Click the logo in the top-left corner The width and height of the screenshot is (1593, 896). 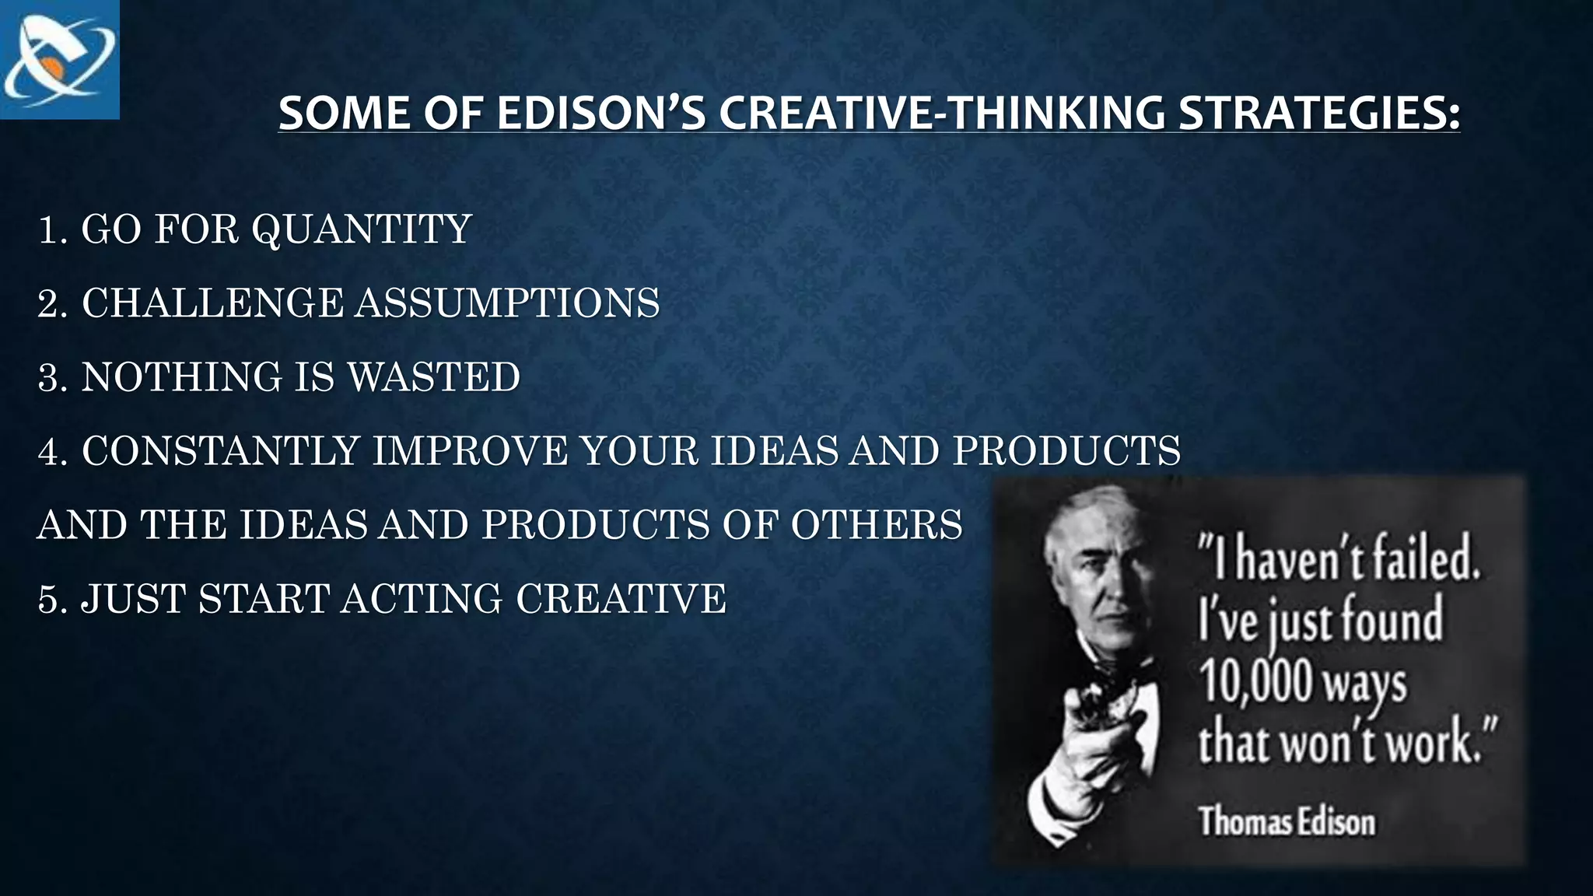pyautogui.click(x=59, y=60)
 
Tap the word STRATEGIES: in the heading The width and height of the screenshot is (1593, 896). pyautogui.click(x=1319, y=114)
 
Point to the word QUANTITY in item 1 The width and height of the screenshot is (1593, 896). pyautogui.click(x=362, y=229)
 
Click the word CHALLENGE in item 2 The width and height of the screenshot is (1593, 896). pyautogui.click(x=212, y=303)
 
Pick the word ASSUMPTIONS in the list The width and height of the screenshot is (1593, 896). pyautogui.click(x=508, y=303)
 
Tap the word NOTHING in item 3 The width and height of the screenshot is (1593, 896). pyautogui.click(x=181, y=377)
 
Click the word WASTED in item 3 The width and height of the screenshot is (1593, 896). pyautogui.click(x=433, y=377)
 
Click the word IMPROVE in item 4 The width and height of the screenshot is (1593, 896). pyautogui.click(x=471, y=451)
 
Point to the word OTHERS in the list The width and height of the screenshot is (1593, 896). pyautogui.click(x=877, y=525)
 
